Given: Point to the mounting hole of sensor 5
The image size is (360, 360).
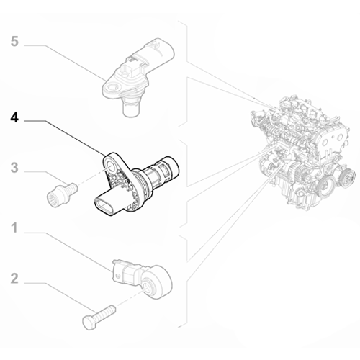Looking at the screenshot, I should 112,88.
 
